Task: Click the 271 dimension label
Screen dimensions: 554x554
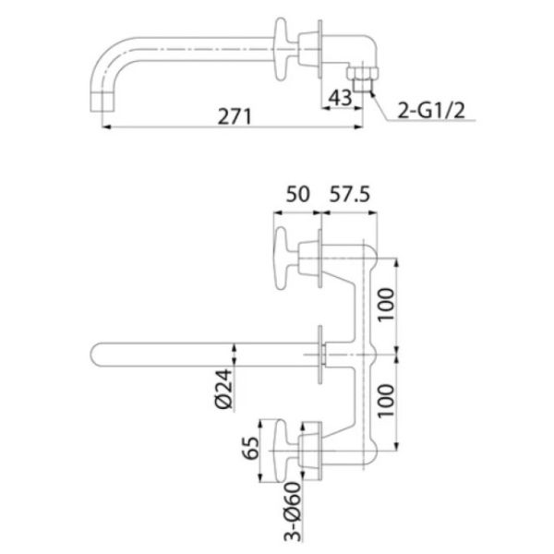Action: pyautogui.click(x=235, y=116)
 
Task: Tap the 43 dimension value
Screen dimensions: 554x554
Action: pyautogui.click(x=340, y=98)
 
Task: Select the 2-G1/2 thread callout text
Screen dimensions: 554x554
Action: pyautogui.click(x=431, y=110)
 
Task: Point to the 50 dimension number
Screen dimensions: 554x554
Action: pyautogui.click(x=297, y=194)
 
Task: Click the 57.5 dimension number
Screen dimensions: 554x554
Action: pyautogui.click(x=349, y=194)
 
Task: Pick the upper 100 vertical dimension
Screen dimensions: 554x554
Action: pyautogui.click(x=386, y=305)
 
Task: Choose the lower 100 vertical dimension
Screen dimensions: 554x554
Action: pyautogui.click(x=386, y=401)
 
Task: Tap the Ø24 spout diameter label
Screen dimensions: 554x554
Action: pyautogui.click(x=224, y=389)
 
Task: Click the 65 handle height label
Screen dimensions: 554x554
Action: pyautogui.click(x=250, y=449)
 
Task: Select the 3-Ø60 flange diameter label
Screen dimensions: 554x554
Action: pyautogui.click(x=293, y=512)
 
